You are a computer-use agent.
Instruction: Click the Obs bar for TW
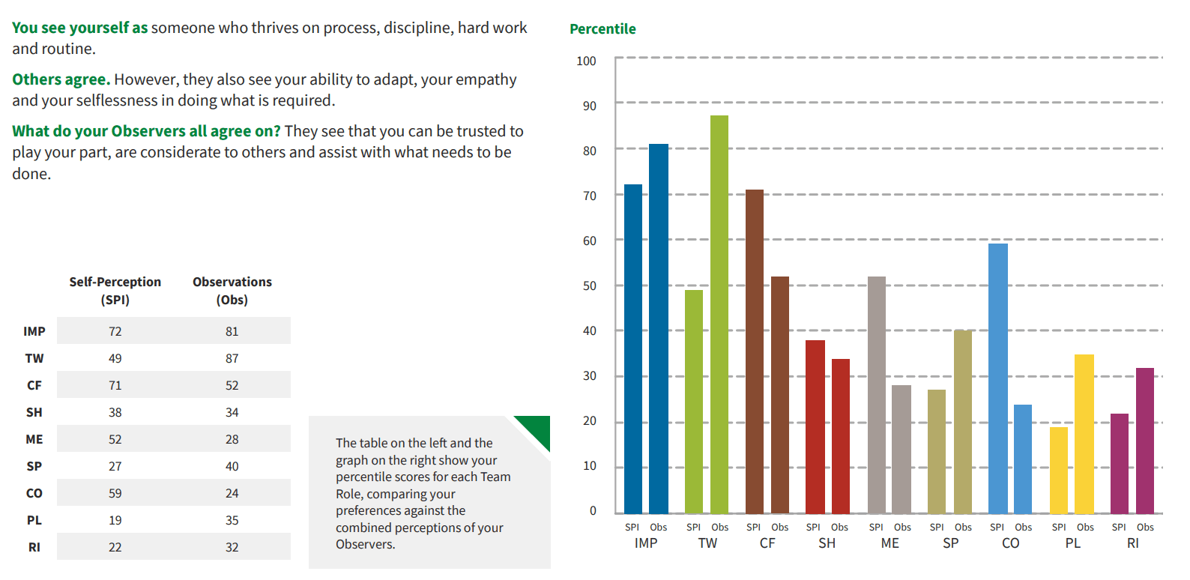[719, 315]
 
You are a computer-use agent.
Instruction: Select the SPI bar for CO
[997, 378]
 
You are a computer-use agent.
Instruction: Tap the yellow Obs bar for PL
[1084, 434]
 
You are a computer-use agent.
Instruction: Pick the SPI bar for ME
[876, 395]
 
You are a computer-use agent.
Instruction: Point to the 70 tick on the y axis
[590, 196]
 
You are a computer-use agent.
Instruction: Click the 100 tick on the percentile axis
[586, 61]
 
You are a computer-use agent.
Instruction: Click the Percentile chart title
[602, 29]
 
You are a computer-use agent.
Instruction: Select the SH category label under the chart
[827, 543]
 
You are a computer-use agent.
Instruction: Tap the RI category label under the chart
[1132, 543]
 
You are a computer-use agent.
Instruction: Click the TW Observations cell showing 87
[232, 358]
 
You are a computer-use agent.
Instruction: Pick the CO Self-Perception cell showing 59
[115, 493]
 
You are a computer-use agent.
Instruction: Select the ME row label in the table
[34, 439]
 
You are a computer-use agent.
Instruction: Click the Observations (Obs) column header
[232, 291]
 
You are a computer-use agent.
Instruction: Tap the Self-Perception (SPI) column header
[115, 291]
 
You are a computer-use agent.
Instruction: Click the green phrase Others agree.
[61, 79]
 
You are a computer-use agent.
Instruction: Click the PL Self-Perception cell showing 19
[115, 520]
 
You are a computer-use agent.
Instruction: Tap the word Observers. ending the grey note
[365, 545]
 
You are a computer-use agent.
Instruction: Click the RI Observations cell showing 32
[232, 547]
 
